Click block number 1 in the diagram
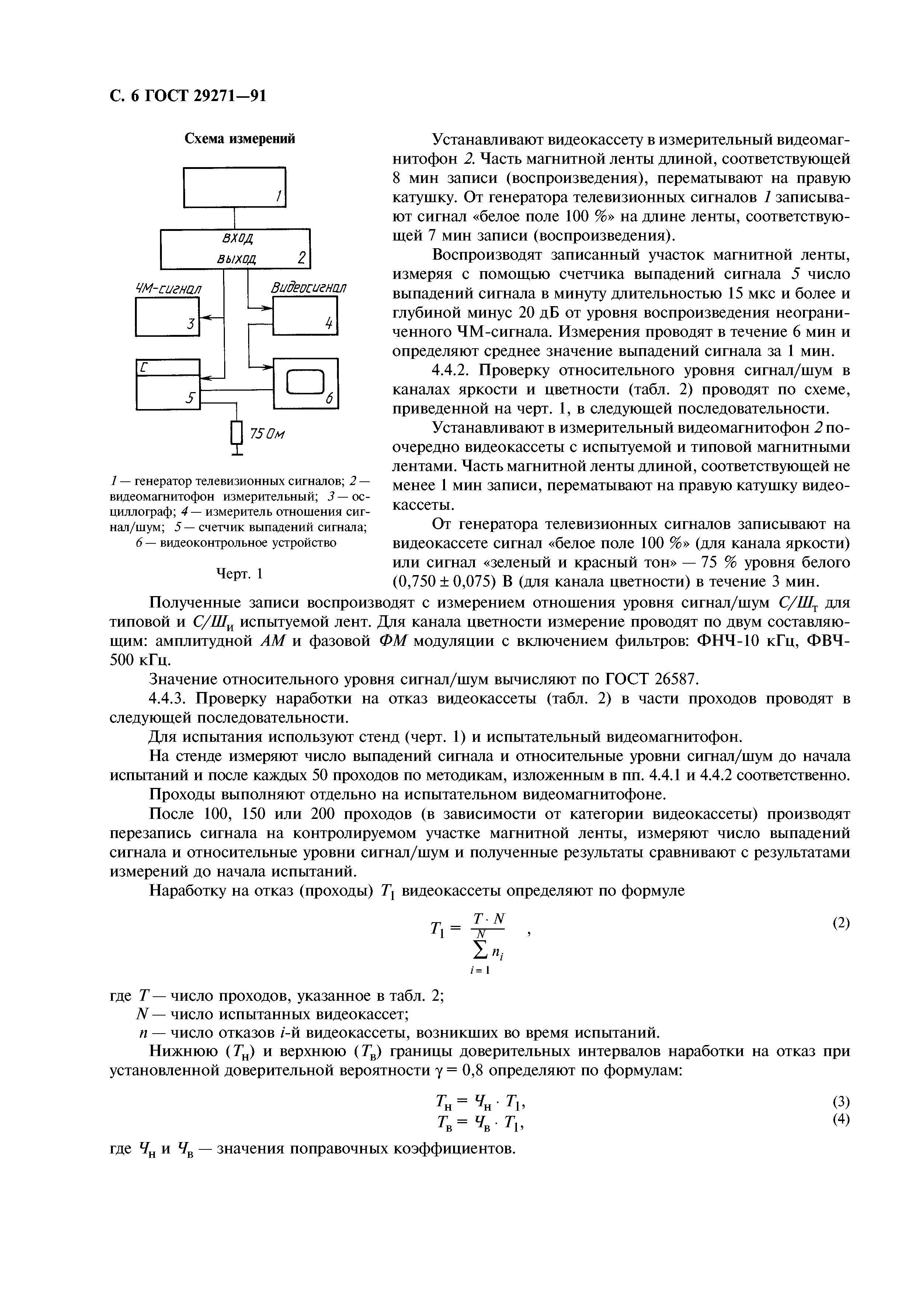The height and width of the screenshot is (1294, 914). coord(235,187)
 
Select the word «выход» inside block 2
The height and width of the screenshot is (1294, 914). coord(237,259)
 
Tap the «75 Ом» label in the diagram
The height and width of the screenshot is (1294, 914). coord(267,435)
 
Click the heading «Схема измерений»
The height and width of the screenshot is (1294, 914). coord(240,139)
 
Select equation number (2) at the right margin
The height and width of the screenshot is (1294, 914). coord(840,923)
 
